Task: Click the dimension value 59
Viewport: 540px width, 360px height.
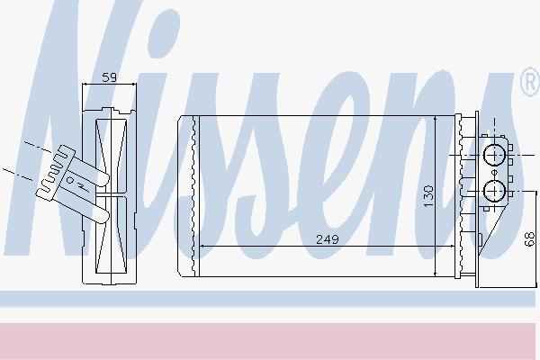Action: point(110,77)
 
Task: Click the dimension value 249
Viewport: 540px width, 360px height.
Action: point(328,239)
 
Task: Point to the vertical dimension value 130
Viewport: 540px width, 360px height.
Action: point(428,196)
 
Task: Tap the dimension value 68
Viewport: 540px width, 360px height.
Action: point(530,239)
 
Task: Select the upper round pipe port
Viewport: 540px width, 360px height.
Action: point(494,156)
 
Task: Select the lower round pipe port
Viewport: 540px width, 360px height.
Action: point(494,191)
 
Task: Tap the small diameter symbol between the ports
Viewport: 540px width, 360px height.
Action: point(494,172)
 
